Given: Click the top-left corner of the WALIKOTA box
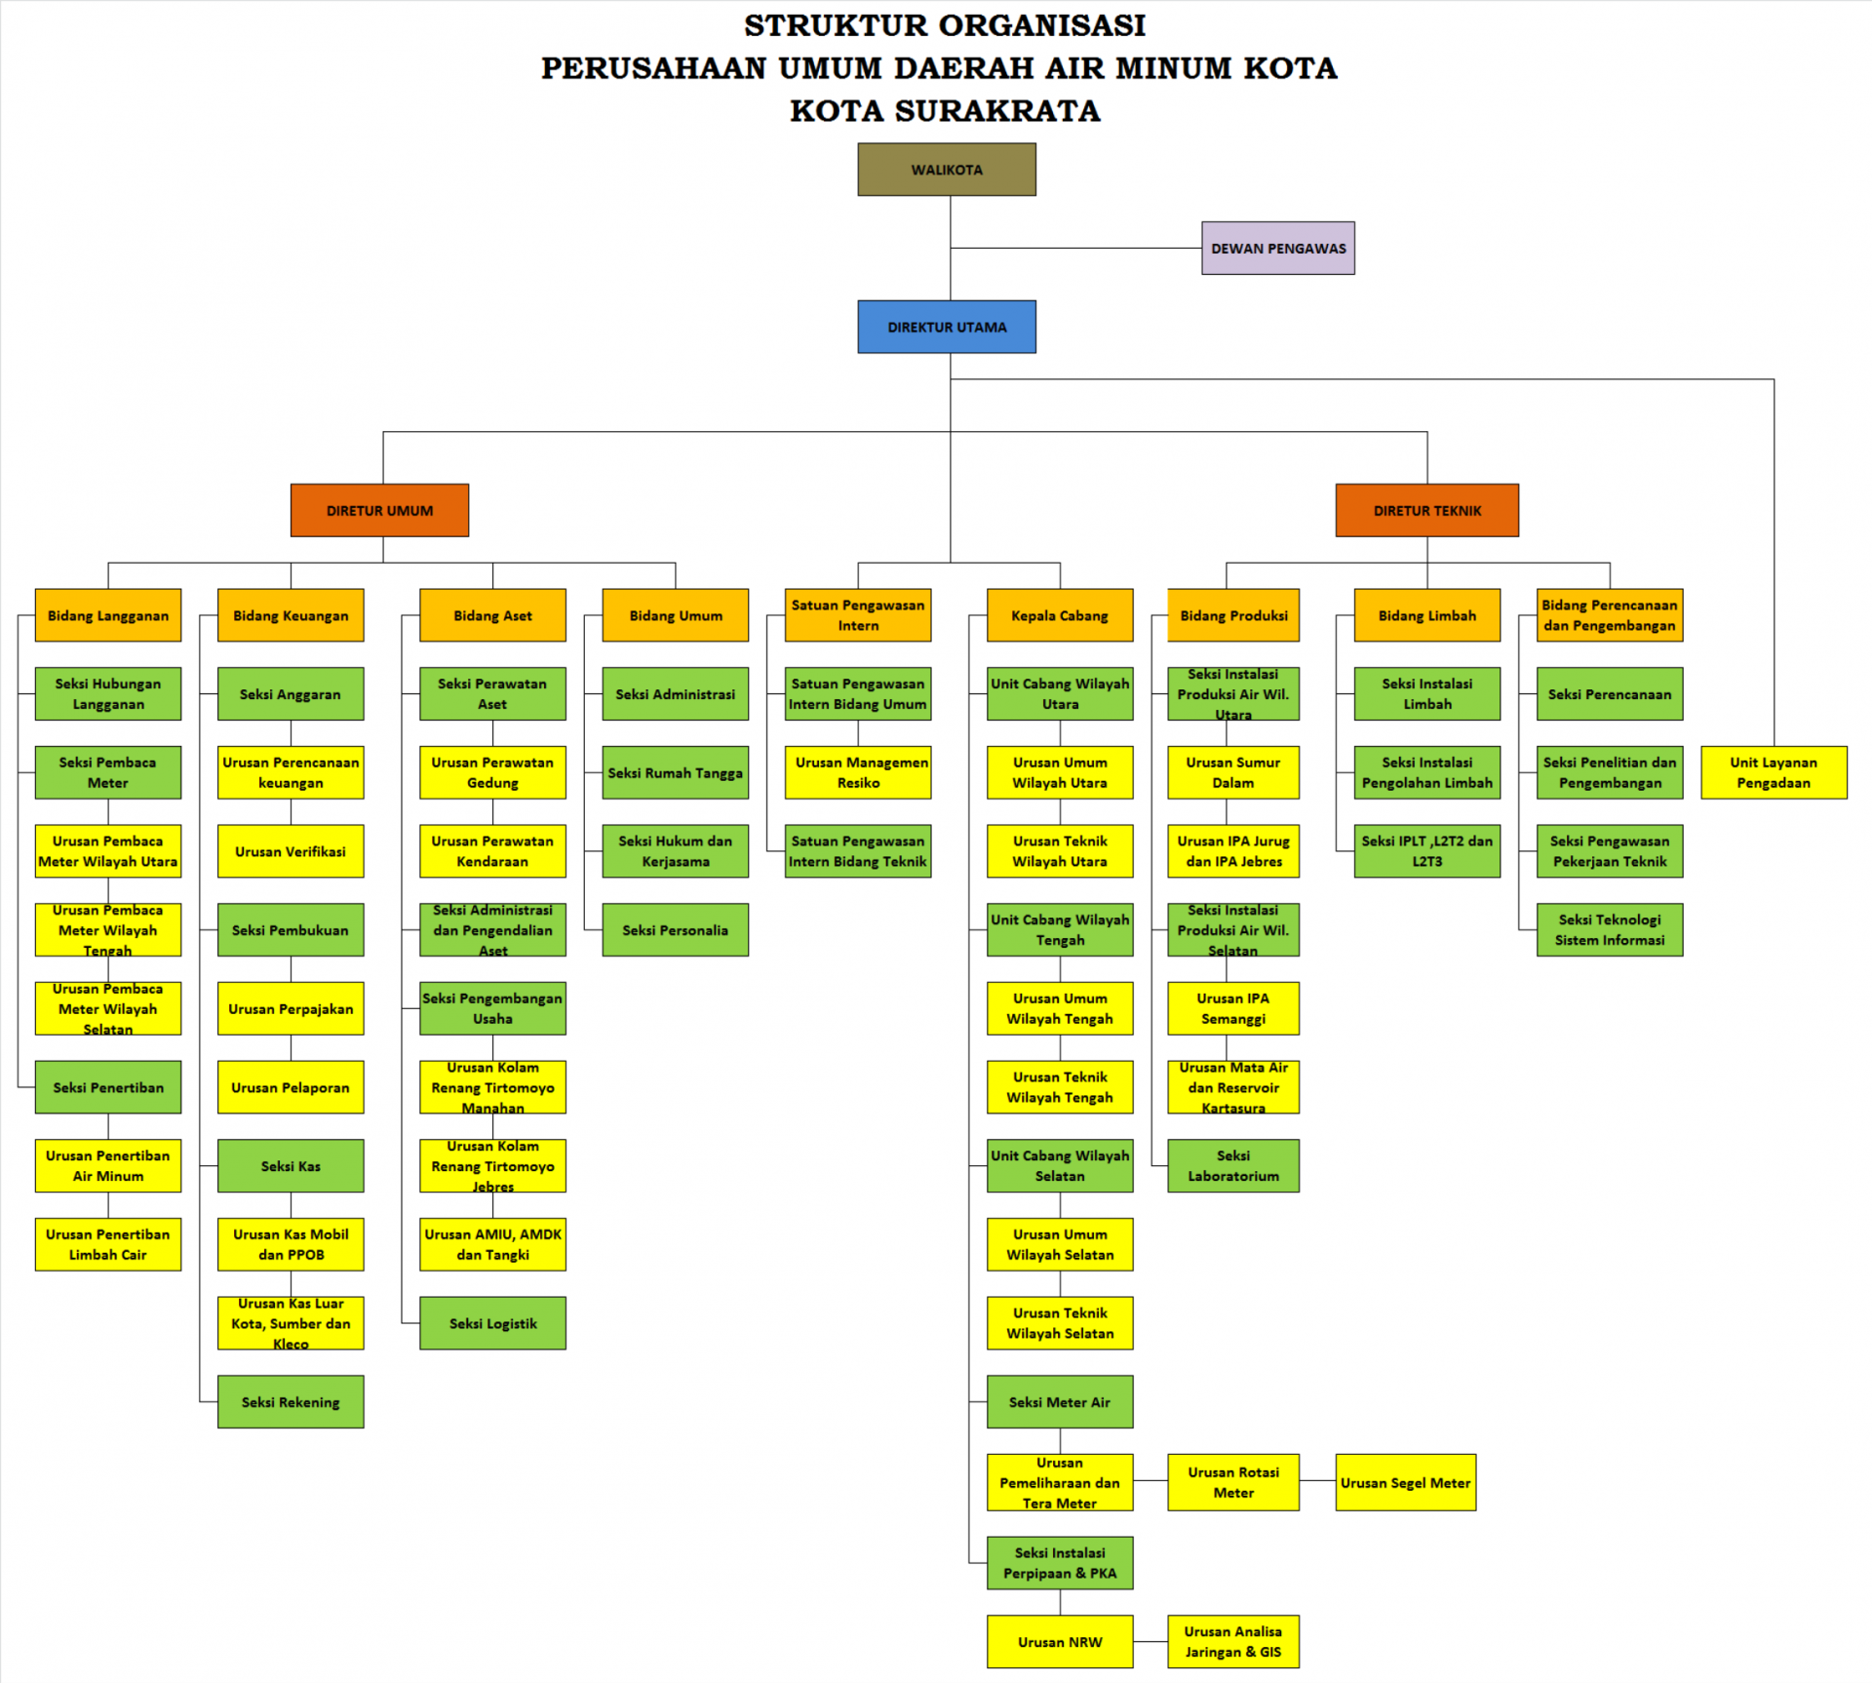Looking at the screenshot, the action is click(x=858, y=143).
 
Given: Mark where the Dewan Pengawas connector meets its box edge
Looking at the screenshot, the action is click(x=1202, y=248).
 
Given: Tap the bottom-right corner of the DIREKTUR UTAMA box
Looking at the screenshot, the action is click(x=1036, y=353).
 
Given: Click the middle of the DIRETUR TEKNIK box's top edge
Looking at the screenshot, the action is click(x=1427, y=485).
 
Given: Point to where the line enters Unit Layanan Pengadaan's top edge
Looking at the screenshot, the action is click(x=1774, y=747).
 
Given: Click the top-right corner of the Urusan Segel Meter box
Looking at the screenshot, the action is click(x=1476, y=1455).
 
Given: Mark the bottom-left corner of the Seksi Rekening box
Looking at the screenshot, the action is click(x=218, y=1429).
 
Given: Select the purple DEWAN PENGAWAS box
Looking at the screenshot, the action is click(x=1278, y=248).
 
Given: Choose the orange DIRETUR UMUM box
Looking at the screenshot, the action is click(x=379, y=510).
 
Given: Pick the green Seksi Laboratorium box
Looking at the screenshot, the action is click(x=1233, y=1166).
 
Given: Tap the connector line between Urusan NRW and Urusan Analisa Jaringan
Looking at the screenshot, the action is click(x=1150, y=1642).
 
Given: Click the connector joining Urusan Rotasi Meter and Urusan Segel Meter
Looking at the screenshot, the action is click(x=1317, y=1481).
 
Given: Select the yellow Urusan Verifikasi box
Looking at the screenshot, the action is click(x=291, y=851).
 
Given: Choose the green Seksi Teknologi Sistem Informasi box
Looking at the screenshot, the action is click(x=1610, y=930).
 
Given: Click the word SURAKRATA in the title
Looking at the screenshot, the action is click(x=997, y=111).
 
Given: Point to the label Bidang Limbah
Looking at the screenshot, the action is click(x=1427, y=616).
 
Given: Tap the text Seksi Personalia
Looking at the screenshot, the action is click(x=675, y=930).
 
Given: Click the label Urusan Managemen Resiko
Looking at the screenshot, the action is click(x=859, y=772).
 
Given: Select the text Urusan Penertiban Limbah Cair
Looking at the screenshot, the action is click(x=107, y=1244).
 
